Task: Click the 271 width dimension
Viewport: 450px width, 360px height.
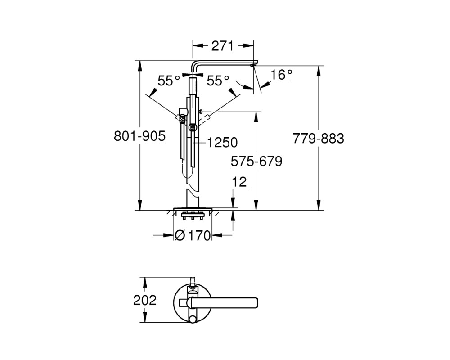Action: tap(222, 46)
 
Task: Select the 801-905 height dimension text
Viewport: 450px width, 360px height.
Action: tap(140, 136)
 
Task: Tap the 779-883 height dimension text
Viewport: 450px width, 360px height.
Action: tap(318, 138)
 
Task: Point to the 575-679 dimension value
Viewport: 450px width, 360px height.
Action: tap(256, 162)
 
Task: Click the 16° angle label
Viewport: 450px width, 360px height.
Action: tap(281, 75)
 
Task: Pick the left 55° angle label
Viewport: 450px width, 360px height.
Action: tap(169, 81)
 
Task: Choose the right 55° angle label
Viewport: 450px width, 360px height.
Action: tap(218, 81)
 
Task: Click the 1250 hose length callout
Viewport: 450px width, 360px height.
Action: tap(222, 142)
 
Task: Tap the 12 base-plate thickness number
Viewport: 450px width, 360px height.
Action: tap(239, 182)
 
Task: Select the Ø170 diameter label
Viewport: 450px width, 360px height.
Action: tap(193, 236)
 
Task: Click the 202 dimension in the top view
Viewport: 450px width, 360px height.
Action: tap(145, 300)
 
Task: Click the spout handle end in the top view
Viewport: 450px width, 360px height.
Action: tap(256, 303)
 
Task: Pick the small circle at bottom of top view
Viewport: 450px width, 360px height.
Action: tap(193, 319)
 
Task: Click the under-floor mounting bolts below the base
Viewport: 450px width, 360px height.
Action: tap(192, 216)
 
